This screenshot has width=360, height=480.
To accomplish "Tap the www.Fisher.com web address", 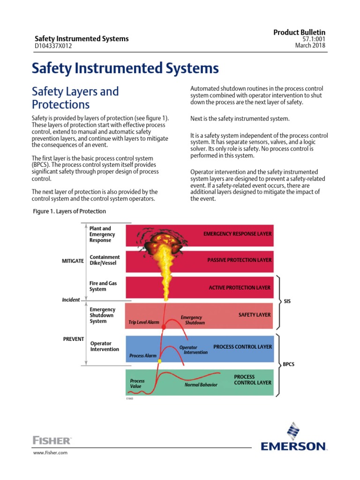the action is coord(50,452).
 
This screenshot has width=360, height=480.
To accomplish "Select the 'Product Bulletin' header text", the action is coord(299,31).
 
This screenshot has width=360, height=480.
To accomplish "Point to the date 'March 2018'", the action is coord(310,45).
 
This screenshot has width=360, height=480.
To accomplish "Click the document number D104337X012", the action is coord(53,46).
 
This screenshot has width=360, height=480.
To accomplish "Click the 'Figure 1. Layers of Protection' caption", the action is coord(69,211).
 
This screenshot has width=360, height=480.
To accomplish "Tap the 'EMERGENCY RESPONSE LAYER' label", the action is coord(237,233).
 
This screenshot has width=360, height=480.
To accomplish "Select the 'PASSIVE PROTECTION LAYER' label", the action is coord(239,260).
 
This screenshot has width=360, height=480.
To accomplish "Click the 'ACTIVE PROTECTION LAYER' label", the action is coord(240,287).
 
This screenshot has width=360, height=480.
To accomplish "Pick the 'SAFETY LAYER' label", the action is coord(255,315).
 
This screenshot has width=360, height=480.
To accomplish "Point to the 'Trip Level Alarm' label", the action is coord(144,322).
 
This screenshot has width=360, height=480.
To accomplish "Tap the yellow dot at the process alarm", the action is coord(159,361).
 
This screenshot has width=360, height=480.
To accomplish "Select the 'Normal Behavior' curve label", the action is coord(201,385).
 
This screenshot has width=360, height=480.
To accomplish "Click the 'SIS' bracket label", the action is coord(287,301).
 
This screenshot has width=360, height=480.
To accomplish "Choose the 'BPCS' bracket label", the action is coord(289,364).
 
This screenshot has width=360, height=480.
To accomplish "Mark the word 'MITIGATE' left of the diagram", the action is coord(73,260).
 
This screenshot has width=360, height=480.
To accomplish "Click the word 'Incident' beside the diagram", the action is coord(71,299).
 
